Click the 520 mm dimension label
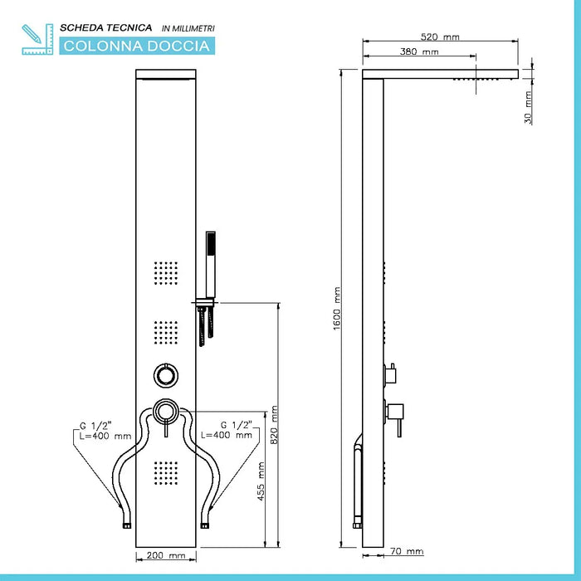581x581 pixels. coord(439,37)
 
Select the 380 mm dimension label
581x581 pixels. coord(419,52)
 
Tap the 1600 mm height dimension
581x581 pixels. coord(337,307)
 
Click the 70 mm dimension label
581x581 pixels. coord(407,551)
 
